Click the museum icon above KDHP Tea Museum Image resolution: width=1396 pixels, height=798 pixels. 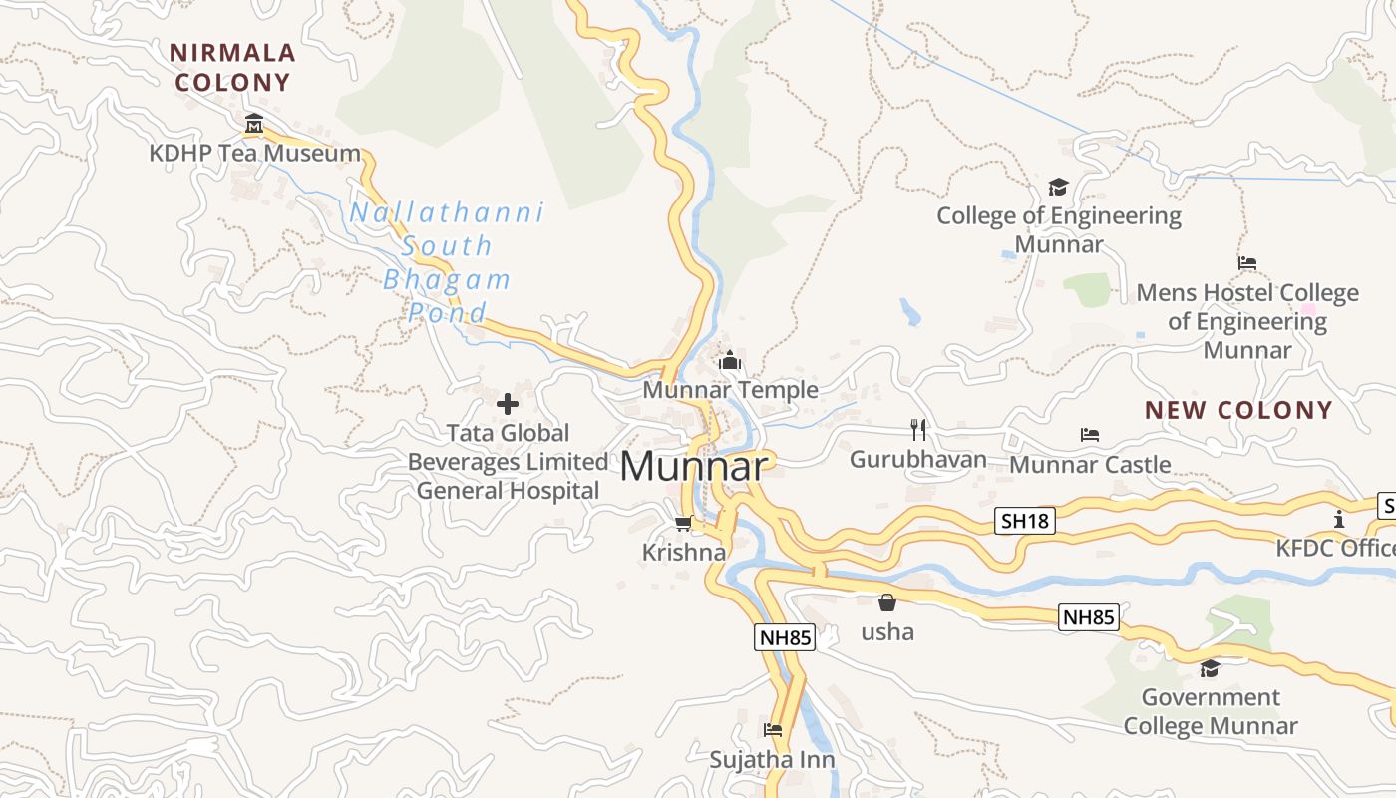(254, 124)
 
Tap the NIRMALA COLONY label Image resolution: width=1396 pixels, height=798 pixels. (232, 67)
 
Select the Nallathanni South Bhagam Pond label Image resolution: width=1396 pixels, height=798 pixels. (447, 262)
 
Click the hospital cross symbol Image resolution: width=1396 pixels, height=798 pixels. (508, 404)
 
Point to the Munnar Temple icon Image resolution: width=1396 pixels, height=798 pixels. (730, 360)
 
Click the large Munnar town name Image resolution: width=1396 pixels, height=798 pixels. (695, 467)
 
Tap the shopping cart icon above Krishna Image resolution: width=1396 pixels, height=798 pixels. (683, 524)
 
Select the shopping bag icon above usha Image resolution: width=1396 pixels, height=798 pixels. (886, 602)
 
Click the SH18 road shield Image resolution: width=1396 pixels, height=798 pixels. (1026, 520)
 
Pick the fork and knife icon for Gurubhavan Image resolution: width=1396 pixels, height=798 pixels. (918, 430)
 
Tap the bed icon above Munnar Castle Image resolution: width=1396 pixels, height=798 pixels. (1090, 435)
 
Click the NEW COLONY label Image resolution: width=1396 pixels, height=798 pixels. (1238, 410)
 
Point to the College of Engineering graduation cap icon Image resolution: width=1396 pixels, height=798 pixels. (1058, 187)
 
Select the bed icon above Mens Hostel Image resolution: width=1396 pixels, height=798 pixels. (1247, 263)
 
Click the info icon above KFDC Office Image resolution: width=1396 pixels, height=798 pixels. (1338, 519)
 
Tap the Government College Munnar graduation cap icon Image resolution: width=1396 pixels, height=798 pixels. (1210, 668)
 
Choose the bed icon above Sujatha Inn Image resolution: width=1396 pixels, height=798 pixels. (773, 730)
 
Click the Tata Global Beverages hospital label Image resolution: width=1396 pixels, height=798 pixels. (508, 462)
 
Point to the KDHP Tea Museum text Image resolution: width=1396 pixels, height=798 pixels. (254, 153)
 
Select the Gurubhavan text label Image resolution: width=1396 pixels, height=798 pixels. (918, 460)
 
